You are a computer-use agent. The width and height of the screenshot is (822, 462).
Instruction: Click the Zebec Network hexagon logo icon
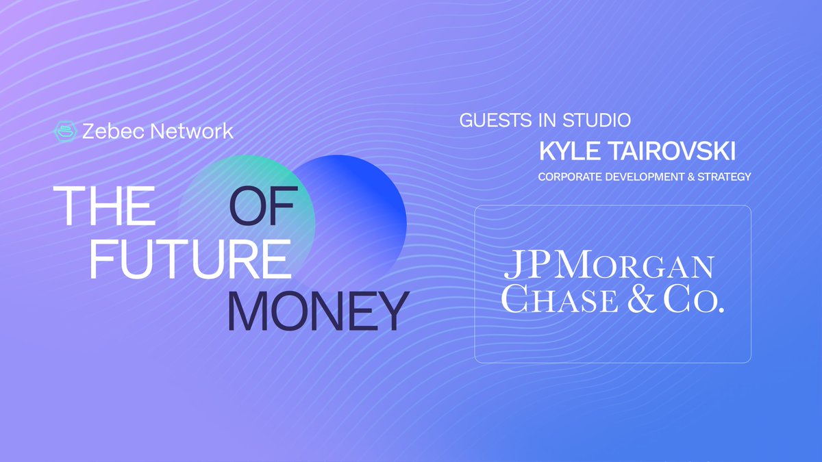(x=64, y=131)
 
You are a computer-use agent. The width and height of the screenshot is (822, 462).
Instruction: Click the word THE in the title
(x=108, y=205)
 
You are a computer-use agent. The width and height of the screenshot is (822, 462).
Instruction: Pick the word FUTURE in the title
(x=188, y=258)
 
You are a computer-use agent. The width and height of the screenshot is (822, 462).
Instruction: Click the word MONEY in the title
(x=318, y=311)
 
